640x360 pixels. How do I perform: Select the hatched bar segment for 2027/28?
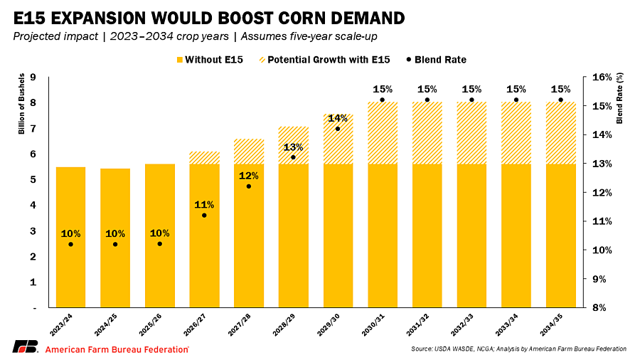coord(249,152)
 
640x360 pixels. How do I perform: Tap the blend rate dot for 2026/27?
coord(204,215)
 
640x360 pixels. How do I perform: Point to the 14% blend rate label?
coord(337,118)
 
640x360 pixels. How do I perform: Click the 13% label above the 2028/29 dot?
coord(293,147)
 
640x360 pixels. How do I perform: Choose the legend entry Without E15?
coord(209,60)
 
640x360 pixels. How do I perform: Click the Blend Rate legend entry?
coord(440,60)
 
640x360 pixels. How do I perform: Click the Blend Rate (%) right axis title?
coord(619,98)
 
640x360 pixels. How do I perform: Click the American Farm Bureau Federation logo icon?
coord(24,347)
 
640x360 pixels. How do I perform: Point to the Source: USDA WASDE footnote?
coord(518,349)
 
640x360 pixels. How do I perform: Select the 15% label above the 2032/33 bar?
coord(471,90)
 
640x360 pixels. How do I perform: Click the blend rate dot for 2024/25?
coord(115,244)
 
